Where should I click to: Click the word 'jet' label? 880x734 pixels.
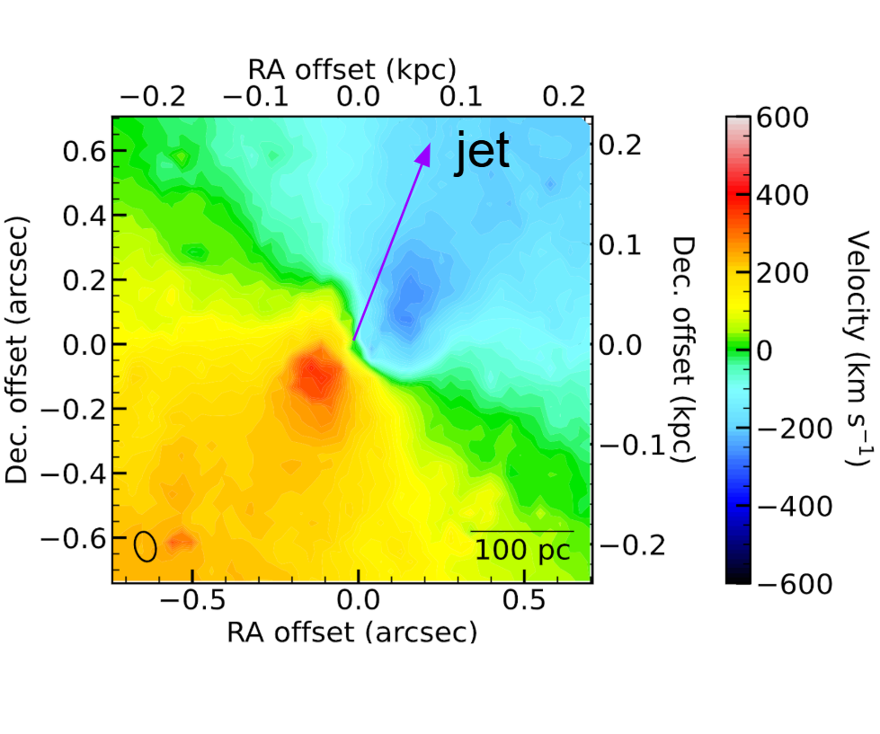point(482,152)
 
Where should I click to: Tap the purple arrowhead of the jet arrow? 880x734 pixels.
point(423,155)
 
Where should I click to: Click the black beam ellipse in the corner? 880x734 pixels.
point(146,545)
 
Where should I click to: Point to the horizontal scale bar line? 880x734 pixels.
point(521,531)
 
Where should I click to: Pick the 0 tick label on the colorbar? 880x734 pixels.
point(765,351)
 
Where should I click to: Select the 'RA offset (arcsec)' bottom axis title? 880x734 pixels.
point(351,632)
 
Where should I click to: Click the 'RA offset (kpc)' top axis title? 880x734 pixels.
point(351,69)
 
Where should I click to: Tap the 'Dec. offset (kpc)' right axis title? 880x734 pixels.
point(684,349)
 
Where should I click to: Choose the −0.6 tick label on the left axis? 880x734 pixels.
point(77,537)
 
